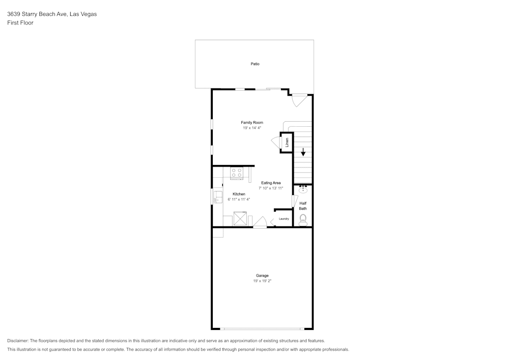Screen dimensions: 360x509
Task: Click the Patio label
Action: pyautogui.click(x=254, y=64)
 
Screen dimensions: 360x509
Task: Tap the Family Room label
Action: pyautogui.click(x=252, y=123)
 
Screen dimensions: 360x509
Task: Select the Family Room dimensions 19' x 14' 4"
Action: pyautogui.click(x=252, y=128)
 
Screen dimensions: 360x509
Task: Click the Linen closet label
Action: pyautogui.click(x=287, y=143)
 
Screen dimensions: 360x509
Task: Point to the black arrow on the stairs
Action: pyautogui.click(x=303, y=152)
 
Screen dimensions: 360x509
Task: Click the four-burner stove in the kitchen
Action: pyautogui.click(x=237, y=173)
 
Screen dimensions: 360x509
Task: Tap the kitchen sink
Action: pyautogui.click(x=217, y=196)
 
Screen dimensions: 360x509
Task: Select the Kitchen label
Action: pyautogui.click(x=239, y=194)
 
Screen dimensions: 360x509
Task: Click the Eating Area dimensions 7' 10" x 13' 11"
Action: pyautogui.click(x=271, y=188)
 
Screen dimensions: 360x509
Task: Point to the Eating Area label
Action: pyautogui.click(x=271, y=183)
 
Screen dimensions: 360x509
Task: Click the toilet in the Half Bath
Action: pyautogui.click(x=303, y=219)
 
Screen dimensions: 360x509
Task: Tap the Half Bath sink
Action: pyautogui.click(x=303, y=190)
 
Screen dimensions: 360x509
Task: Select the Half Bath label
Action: pyautogui.click(x=303, y=206)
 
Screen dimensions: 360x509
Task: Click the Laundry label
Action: pyautogui.click(x=284, y=219)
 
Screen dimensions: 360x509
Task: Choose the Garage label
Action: pyautogui.click(x=262, y=275)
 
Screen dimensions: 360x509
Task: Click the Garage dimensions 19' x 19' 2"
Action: pyautogui.click(x=262, y=281)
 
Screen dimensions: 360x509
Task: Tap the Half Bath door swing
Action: pyautogui.click(x=294, y=201)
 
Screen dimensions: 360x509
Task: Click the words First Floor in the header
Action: pyautogui.click(x=20, y=23)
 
